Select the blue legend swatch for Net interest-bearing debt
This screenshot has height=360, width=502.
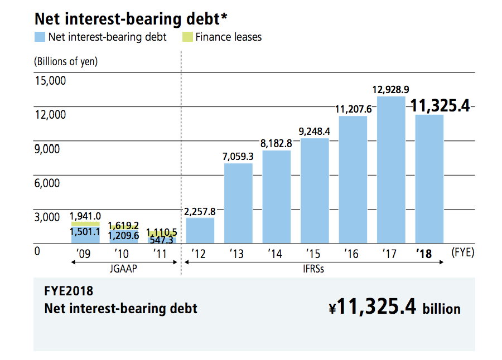(x=39, y=37)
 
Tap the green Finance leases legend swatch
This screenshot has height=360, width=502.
(x=187, y=37)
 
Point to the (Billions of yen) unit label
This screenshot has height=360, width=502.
(x=66, y=61)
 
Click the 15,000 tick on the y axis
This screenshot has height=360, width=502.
(x=50, y=81)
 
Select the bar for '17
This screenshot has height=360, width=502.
(x=391, y=170)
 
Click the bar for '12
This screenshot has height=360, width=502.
(x=200, y=230)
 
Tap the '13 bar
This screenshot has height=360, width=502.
(x=238, y=203)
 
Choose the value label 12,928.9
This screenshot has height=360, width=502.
(x=391, y=90)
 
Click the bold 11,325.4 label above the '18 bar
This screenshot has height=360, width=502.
(x=440, y=105)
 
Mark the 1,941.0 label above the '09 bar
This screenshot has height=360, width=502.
(x=85, y=216)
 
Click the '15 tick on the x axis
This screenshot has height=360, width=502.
(x=313, y=254)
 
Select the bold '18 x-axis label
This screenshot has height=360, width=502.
(x=424, y=254)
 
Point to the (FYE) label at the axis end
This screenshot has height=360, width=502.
(x=462, y=252)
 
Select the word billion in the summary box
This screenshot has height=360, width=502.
(x=441, y=309)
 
